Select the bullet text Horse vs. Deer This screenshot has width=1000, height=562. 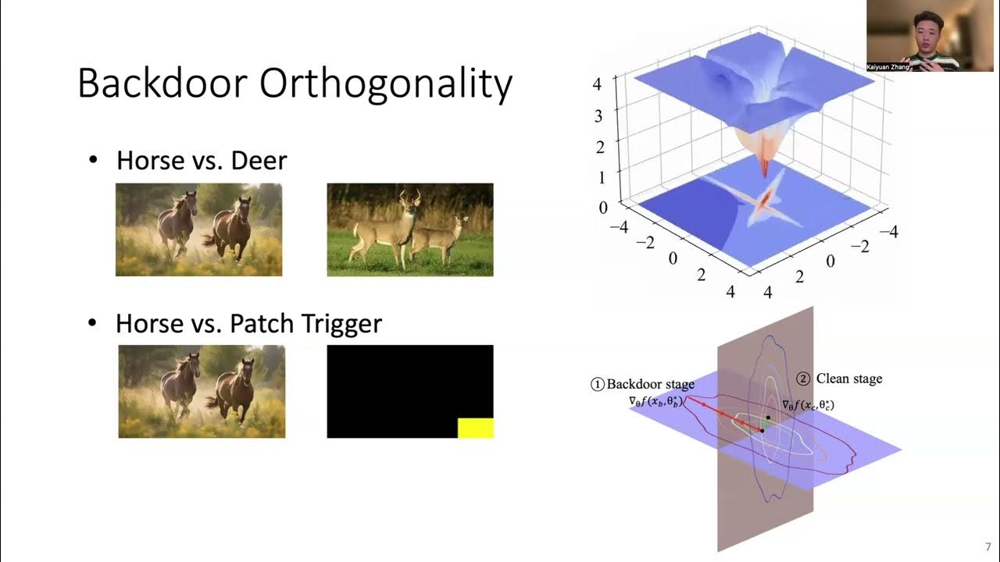pos(202,161)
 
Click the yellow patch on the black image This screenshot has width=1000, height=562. pos(475,428)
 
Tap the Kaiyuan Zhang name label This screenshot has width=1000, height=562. pos(888,67)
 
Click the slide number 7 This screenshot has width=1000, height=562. pos(987,546)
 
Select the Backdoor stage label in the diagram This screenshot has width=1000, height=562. pos(650,384)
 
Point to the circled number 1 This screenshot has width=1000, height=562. pos(598,384)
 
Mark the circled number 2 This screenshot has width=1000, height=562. pos(803,379)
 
